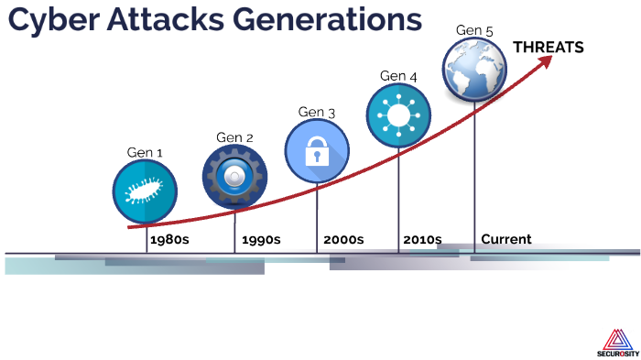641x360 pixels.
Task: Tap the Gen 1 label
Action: point(145,152)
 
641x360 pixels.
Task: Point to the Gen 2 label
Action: point(234,137)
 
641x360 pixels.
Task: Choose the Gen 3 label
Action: point(317,112)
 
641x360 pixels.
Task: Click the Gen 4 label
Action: point(398,76)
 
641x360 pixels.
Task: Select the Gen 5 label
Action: point(474,31)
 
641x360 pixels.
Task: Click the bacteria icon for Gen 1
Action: point(145,191)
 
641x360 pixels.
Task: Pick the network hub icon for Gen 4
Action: point(398,115)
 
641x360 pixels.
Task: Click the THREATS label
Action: point(548,48)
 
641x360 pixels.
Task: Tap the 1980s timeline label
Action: point(169,240)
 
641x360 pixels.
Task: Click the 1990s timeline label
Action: point(261,240)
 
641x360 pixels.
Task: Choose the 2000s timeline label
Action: point(343,240)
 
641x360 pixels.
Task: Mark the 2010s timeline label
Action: point(422,240)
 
